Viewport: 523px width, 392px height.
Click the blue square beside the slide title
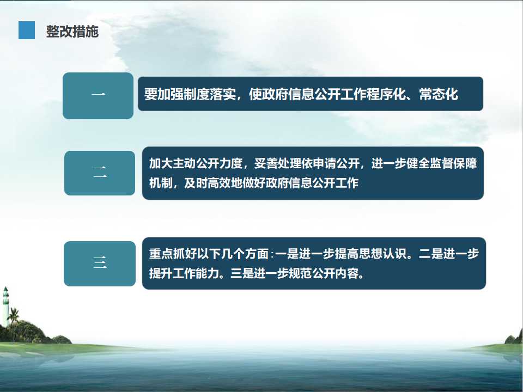[27, 30]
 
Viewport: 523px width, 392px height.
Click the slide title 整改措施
[72, 32]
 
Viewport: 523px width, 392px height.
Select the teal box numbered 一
[98, 96]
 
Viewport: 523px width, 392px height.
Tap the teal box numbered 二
[100, 173]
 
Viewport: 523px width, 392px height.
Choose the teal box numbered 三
[100, 264]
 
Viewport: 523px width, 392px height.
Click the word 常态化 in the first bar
[438, 94]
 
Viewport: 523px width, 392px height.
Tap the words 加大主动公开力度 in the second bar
[196, 163]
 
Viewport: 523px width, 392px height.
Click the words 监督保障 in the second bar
[454, 163]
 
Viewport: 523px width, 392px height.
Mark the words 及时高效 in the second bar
[208, 183]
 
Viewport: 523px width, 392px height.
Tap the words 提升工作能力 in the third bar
[184, 273]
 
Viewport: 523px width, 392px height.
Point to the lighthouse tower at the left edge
[5, 307]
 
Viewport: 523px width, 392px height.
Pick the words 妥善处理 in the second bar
[277, 163]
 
